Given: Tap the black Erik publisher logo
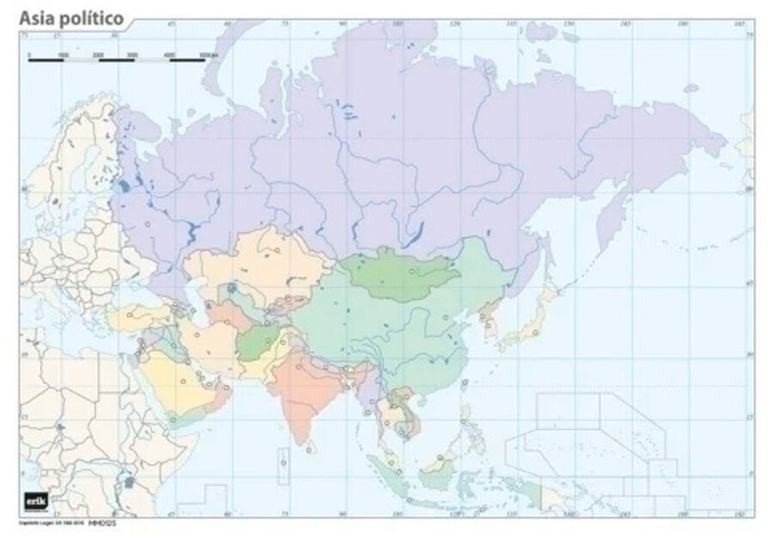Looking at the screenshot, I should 35,501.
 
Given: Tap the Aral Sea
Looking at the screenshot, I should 232,289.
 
